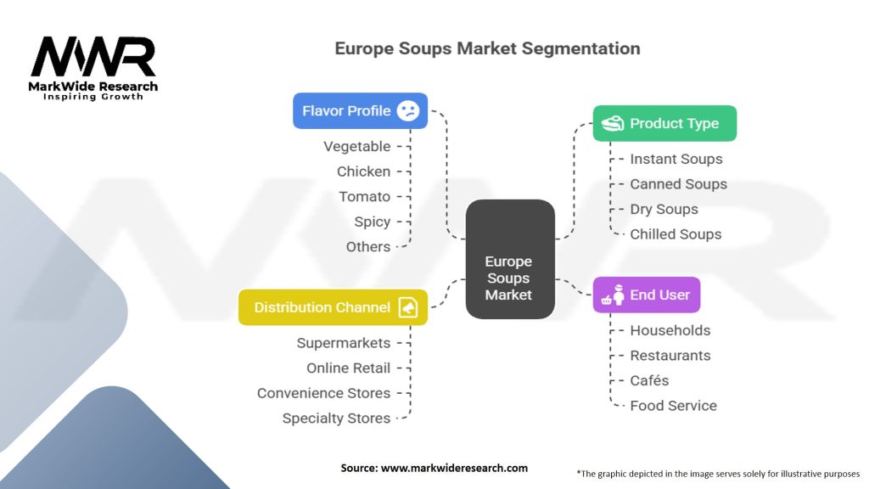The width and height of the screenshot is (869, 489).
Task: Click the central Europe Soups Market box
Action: [x=509, y=259]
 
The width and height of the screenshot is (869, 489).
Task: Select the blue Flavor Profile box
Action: [x=360, y=110]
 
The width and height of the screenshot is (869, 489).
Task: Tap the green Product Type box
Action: [x=664, y=123]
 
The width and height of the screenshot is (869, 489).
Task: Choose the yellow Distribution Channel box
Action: [x=333, y=307]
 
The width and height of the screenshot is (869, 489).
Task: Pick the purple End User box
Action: [x=646, y=295]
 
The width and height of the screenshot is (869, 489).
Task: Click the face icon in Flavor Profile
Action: [x=408, y=111]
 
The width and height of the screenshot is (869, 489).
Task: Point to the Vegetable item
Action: [x=356, y=146]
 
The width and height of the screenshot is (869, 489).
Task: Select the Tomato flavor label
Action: [x=364, y=196]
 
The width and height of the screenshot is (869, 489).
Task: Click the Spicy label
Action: [x=372, y=222]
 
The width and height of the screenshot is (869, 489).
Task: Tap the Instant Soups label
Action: [x=676, y=159]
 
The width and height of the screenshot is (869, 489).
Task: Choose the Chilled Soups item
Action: [x=676, y=234]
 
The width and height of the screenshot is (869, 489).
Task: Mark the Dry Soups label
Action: [x=664, y=209]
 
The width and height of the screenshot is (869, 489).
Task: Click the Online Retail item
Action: [x=348, y=368]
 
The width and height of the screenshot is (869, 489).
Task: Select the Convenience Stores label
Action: [x=323, y=393]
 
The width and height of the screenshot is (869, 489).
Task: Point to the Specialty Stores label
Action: [x=336, y=418]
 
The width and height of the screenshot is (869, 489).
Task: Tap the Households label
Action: [x=670, y=330]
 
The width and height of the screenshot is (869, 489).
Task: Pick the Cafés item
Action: [x=649, y=380]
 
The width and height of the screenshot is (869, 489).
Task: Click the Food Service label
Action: [x=673, y=406]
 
